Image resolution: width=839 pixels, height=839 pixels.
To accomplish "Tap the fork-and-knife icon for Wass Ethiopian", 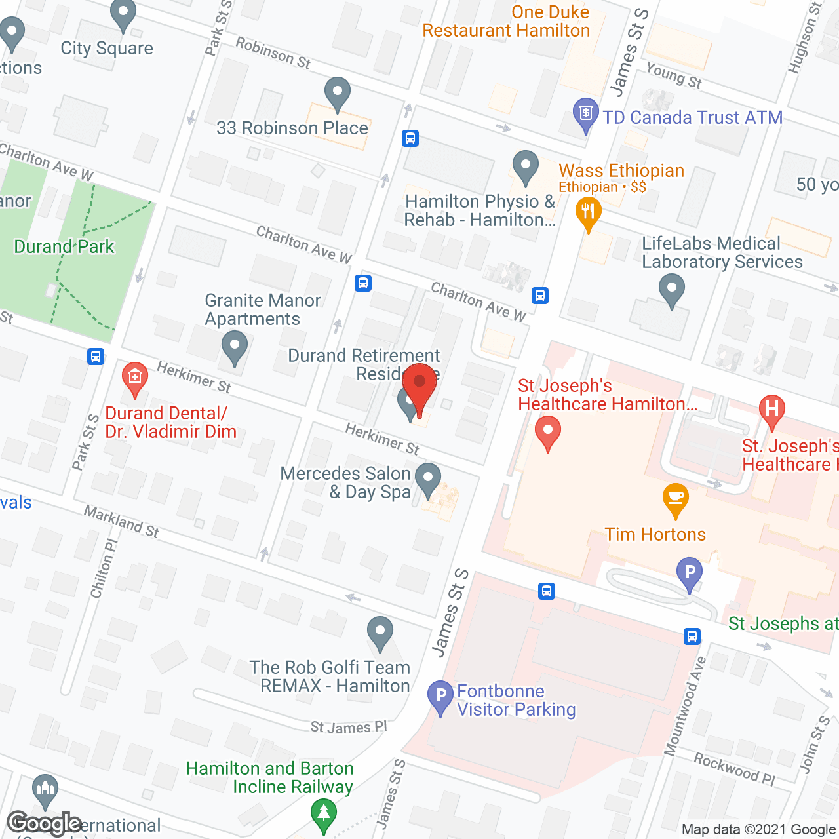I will tap(588, 213).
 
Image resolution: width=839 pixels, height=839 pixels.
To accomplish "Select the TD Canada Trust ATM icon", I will tap(585, 114).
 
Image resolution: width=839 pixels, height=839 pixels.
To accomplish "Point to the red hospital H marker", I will tap(771, 410).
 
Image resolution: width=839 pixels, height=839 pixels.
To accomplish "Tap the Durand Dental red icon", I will tap(134, 378).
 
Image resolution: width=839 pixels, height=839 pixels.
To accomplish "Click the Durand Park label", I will tap(64, 247).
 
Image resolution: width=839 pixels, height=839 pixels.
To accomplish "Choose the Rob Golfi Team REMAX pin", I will tap(380, 633).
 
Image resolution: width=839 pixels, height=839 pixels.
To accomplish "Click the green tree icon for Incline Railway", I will tap(323, 813).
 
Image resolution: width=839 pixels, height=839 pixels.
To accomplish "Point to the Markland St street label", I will tap(121, 522).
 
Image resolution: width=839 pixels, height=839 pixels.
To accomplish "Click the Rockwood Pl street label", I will tap(734, 769).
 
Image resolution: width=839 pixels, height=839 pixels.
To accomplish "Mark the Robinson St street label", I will tap(273, 53).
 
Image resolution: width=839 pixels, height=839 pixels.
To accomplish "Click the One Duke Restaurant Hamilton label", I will tap(506, 22).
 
